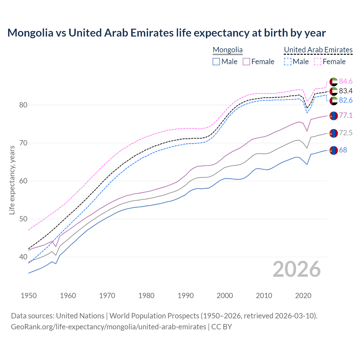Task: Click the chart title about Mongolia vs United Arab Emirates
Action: [x=166, y=33]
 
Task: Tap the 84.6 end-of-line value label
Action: [x=346, y=81]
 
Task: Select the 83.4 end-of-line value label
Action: [x=346, y=91]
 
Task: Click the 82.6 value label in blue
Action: [x=346, y=100]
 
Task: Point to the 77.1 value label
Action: [x=346, y=116]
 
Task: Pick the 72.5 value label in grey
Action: [x=346, y=133]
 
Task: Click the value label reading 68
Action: [x=343, y=150]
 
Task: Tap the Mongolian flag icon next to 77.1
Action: [x=334, y=116]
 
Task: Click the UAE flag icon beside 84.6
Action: [x=334, y=82]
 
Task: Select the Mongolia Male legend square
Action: [x=216, y=62]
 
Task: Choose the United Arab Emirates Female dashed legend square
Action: [x=317, y=62]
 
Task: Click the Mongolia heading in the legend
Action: [x=228, y=50]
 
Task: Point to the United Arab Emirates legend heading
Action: [x=318, y=50]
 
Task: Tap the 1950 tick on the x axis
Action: [x=29, y=296]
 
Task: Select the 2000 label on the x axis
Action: [x=225, y=296]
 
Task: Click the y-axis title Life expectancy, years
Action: [x=12, y=180]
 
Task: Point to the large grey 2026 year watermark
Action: [x=297, y=269]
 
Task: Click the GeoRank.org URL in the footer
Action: [x=109, y=327]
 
